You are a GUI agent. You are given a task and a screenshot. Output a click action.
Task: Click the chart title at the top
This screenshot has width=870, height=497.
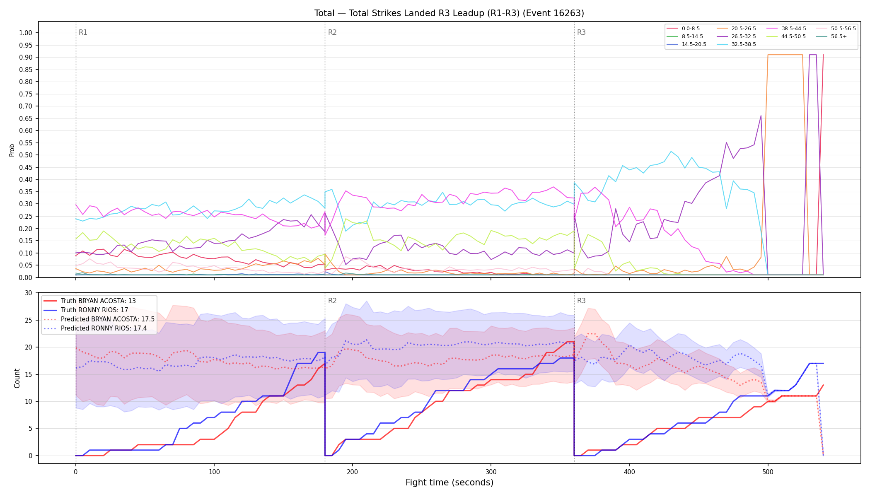[x=449, y=13]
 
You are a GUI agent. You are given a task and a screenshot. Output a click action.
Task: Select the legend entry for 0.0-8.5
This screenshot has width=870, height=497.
[x=684, y=29]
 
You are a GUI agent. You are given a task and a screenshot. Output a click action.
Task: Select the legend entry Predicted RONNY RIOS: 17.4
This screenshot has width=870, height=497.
[x=99, y=328]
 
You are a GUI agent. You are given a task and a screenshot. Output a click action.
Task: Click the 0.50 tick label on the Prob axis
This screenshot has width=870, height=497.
[x=24, y=155]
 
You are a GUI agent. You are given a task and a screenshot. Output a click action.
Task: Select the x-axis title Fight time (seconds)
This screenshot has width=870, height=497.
[x=450, y=483]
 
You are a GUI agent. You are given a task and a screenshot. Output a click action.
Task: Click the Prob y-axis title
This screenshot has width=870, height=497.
[x=12, y=150]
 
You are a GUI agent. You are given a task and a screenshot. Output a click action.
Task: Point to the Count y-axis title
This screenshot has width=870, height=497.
[x=17, y=378]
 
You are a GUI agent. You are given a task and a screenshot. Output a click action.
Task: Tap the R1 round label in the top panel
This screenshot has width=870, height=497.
[x=83, y=32]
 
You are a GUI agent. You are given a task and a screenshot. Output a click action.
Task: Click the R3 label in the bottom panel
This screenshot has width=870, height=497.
[x=581, y=301]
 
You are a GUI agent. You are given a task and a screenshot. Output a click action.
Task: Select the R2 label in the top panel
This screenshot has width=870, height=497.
[x=332, y=32]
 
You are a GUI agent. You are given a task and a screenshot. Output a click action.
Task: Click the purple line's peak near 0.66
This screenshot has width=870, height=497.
[x=761, y=116]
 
